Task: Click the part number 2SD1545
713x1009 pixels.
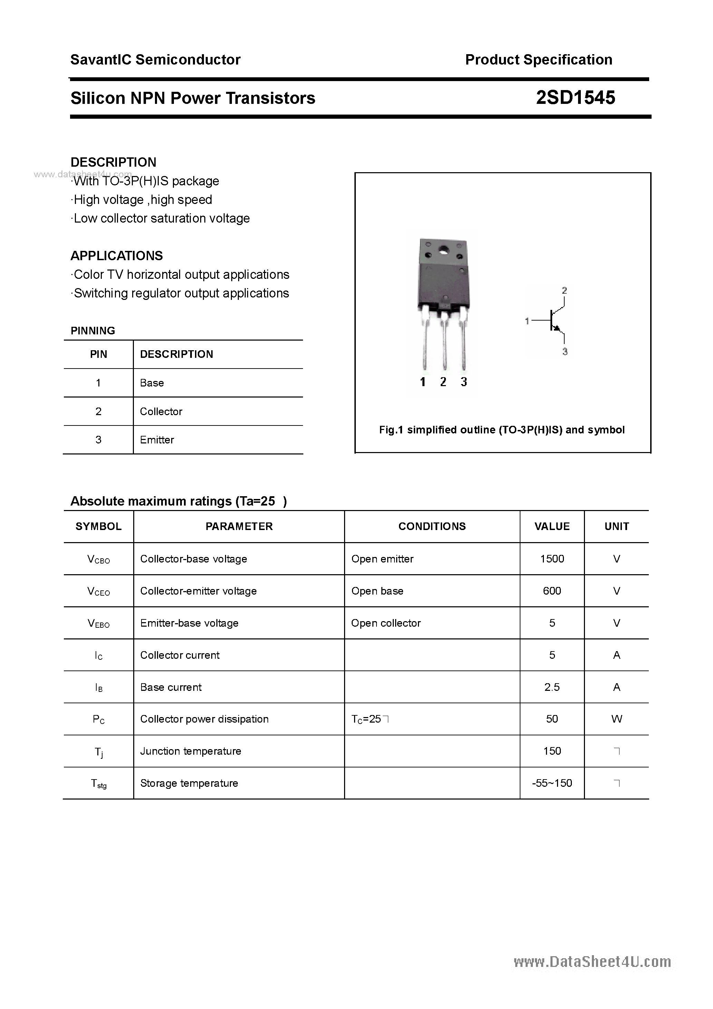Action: pyautogui.click(x=575, y=98)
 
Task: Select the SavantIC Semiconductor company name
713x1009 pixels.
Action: pyautogui.click(x=155, y=59)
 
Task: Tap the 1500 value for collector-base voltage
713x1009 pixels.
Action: pyautogui.click(x=552, y=559)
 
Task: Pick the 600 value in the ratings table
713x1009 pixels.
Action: pyautogui.click(x=552, y=591)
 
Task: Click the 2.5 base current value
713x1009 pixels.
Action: pyautogui.click(x=552, y=687)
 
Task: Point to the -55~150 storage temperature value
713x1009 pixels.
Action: pyautogui.click(x=552, y=783)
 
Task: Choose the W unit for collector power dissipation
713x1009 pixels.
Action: pyautogui.click(x=616, y=719)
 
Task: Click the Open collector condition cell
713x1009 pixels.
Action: pyautogui.click(x=385, y=623)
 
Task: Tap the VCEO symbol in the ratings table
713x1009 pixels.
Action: pyautogui.click(x=98, y=591)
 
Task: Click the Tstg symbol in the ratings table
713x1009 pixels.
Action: pyautogui.click(x=98, y=784)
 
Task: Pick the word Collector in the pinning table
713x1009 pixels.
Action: pyautogui.click(x=161, y=411)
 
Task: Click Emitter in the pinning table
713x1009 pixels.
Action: pyautogui.click(x=157, y=440)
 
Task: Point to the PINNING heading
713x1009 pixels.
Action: pyautogui.click(x=93, y=331)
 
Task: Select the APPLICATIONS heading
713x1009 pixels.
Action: pyautogui.click(x=117, y=255)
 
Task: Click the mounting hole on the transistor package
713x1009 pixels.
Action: pyautogui.click(x=443, y=251)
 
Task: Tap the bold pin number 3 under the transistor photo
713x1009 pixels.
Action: pyautogui.click(x=464, y=382)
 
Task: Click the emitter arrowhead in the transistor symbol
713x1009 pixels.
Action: pyautogui.click(x=557, y=327)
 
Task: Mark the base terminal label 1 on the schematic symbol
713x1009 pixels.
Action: pyautogui.click(x=527, y=321)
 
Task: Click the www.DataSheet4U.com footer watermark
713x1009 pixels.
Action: pyautogui.click(x=592, y=962)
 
